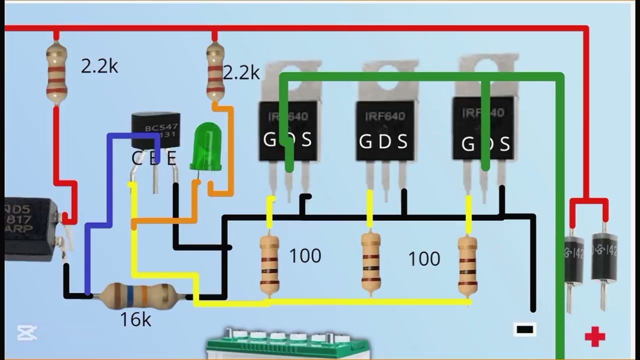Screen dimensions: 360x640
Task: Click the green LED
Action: [x=206, y=147]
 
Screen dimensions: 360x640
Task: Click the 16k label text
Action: [x=135, y=319]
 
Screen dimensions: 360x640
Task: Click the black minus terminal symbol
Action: [x=524, y=329]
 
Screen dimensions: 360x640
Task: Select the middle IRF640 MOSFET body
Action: [x=385, y=130]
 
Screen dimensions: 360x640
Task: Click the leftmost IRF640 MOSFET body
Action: [x=288, y=130]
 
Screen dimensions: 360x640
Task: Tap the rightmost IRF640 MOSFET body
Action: [x=483, y=127]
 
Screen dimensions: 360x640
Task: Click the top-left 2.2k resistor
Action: [x=56, y=73]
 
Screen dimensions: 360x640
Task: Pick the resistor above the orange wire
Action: [x=215, y=72]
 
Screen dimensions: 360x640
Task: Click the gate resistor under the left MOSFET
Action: [x=269, y=264]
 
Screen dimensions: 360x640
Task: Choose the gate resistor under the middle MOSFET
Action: [x=370, y=263]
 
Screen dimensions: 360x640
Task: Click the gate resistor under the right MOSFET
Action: [x=467, y=265]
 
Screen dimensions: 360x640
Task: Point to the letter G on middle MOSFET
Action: [x=365, y=142]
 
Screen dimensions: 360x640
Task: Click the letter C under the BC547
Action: [x=136, y=158]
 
